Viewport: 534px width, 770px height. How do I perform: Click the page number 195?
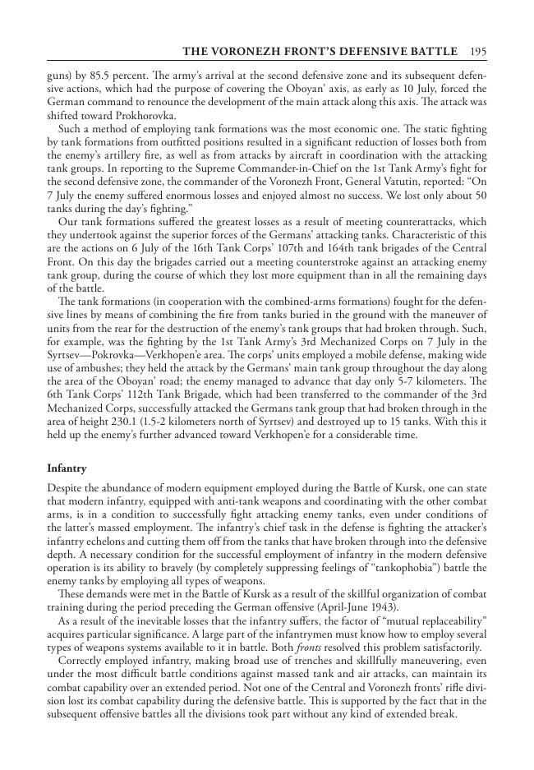pos(479,52)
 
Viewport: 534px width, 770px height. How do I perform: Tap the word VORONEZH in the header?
pos(246,52)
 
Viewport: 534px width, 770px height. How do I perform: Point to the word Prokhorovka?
pos(149,116)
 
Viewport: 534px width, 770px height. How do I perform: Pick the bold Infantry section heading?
pos(67,468)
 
